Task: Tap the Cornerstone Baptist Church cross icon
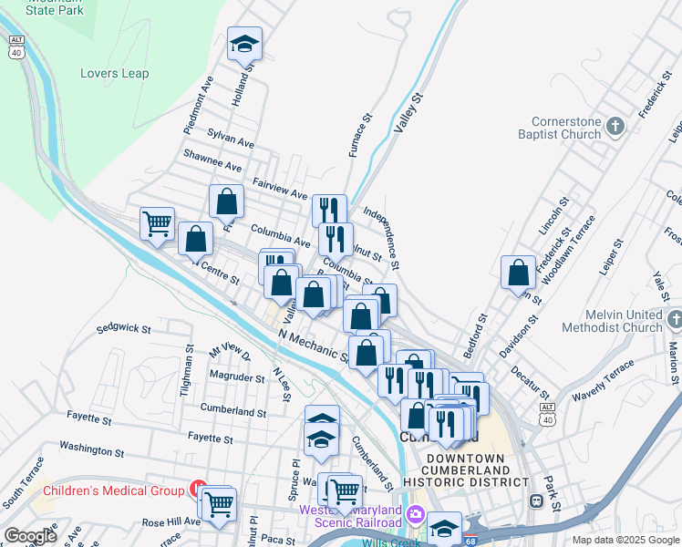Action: pyautogui.click(x=615, y=126)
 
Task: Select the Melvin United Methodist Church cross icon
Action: pyautogui.click(x=674, y=320)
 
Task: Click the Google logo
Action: pyautogui.click(x=30, y=536)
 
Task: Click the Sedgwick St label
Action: pyautogui.click(x=123, y=326)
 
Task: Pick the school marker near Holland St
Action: pyautogui.click(x=245, y=44)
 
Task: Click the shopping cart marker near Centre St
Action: pyautogui.click(x=157, y=222)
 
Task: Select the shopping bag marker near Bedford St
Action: pyautogui.click(x=518, y=272)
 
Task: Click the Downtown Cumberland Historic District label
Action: pyautogui.click(x=465, y=470)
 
